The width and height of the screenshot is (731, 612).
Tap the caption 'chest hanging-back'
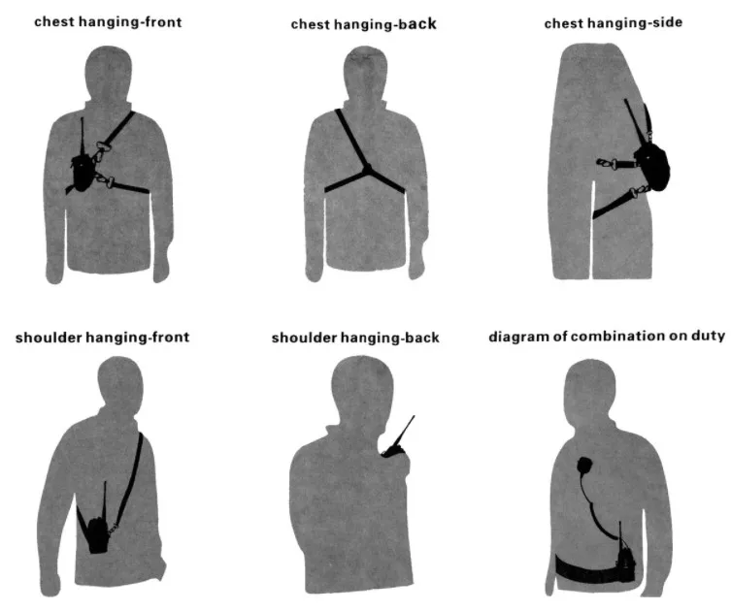tap(363, 23)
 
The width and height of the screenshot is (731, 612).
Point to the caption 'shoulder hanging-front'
tap(102, 338)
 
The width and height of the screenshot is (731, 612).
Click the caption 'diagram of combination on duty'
tap(606, 337)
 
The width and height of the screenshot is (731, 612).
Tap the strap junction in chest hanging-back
tap(367, 170)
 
